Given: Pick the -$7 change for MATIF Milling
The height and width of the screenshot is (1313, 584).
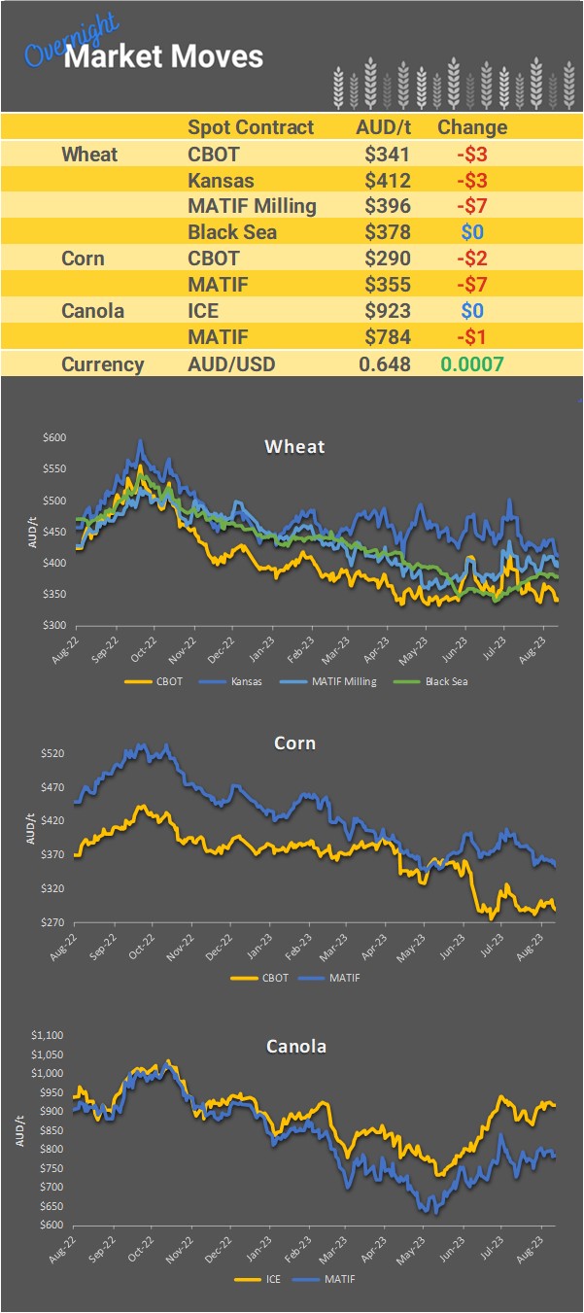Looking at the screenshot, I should [x=471, y=205].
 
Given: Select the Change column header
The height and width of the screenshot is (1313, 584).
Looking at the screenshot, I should [x=472, y=127].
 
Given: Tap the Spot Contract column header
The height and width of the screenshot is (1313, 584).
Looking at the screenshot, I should [x=251, y=127].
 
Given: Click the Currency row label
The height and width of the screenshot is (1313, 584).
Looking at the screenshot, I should [x=102, y=364].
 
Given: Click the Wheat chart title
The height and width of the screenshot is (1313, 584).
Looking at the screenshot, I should [x=294, y=447].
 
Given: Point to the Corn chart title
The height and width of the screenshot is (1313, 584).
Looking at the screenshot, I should [x=294, y=743].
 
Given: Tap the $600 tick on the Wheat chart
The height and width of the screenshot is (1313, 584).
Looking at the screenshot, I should [x=54, y=438].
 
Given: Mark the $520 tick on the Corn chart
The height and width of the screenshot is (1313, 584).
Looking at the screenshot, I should [x=54, y=754].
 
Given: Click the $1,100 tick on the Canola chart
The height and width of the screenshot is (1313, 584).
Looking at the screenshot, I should [x=50, y=1036].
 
